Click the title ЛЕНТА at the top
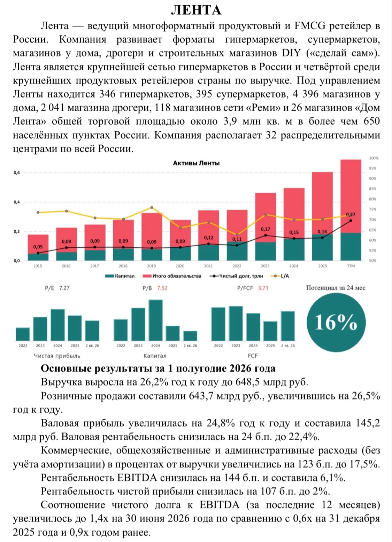[196, 10]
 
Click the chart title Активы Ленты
[196, 163]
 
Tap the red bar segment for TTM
[351, 196]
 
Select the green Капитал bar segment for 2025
[322, 247]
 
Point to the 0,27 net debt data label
[351, 214]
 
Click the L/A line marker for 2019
[152, 207]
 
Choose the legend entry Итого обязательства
[172, 276]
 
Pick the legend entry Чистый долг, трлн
[236, 276]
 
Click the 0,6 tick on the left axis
[16, 173]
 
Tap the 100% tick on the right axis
[374, 158]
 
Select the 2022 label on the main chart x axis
[237, 266]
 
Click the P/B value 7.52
[162, 288]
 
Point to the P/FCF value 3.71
[263, 288]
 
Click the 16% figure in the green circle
[336, 323]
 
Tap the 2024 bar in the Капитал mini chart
[156, 320]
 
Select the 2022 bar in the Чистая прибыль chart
[23, 334]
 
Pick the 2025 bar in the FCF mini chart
[270, 331]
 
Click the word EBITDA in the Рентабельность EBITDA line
[137, 478]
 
